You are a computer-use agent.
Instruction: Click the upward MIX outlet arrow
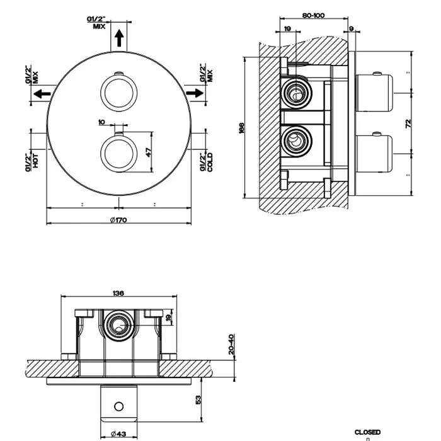pyautogui.click(x=118, y=40)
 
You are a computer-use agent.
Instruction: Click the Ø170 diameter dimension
pyautogui.click(x=118, y=219)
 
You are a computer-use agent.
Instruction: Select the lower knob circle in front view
pyautogui.click(x=118, y=152)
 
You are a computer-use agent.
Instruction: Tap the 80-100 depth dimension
pyautogui.click(x=313, y=15)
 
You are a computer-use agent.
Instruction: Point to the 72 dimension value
pyautogui.click(x=408, y=123)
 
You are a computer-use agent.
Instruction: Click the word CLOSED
pyautogui.click(x=367, y=432)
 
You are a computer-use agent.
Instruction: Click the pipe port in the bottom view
pyautogui.click(x=118, y=326)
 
